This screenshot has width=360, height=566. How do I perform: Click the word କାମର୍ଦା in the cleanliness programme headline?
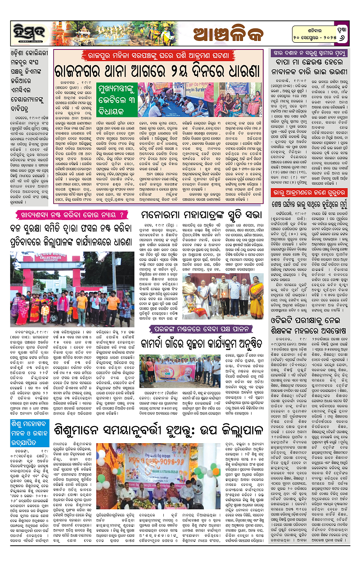(161, 340)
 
